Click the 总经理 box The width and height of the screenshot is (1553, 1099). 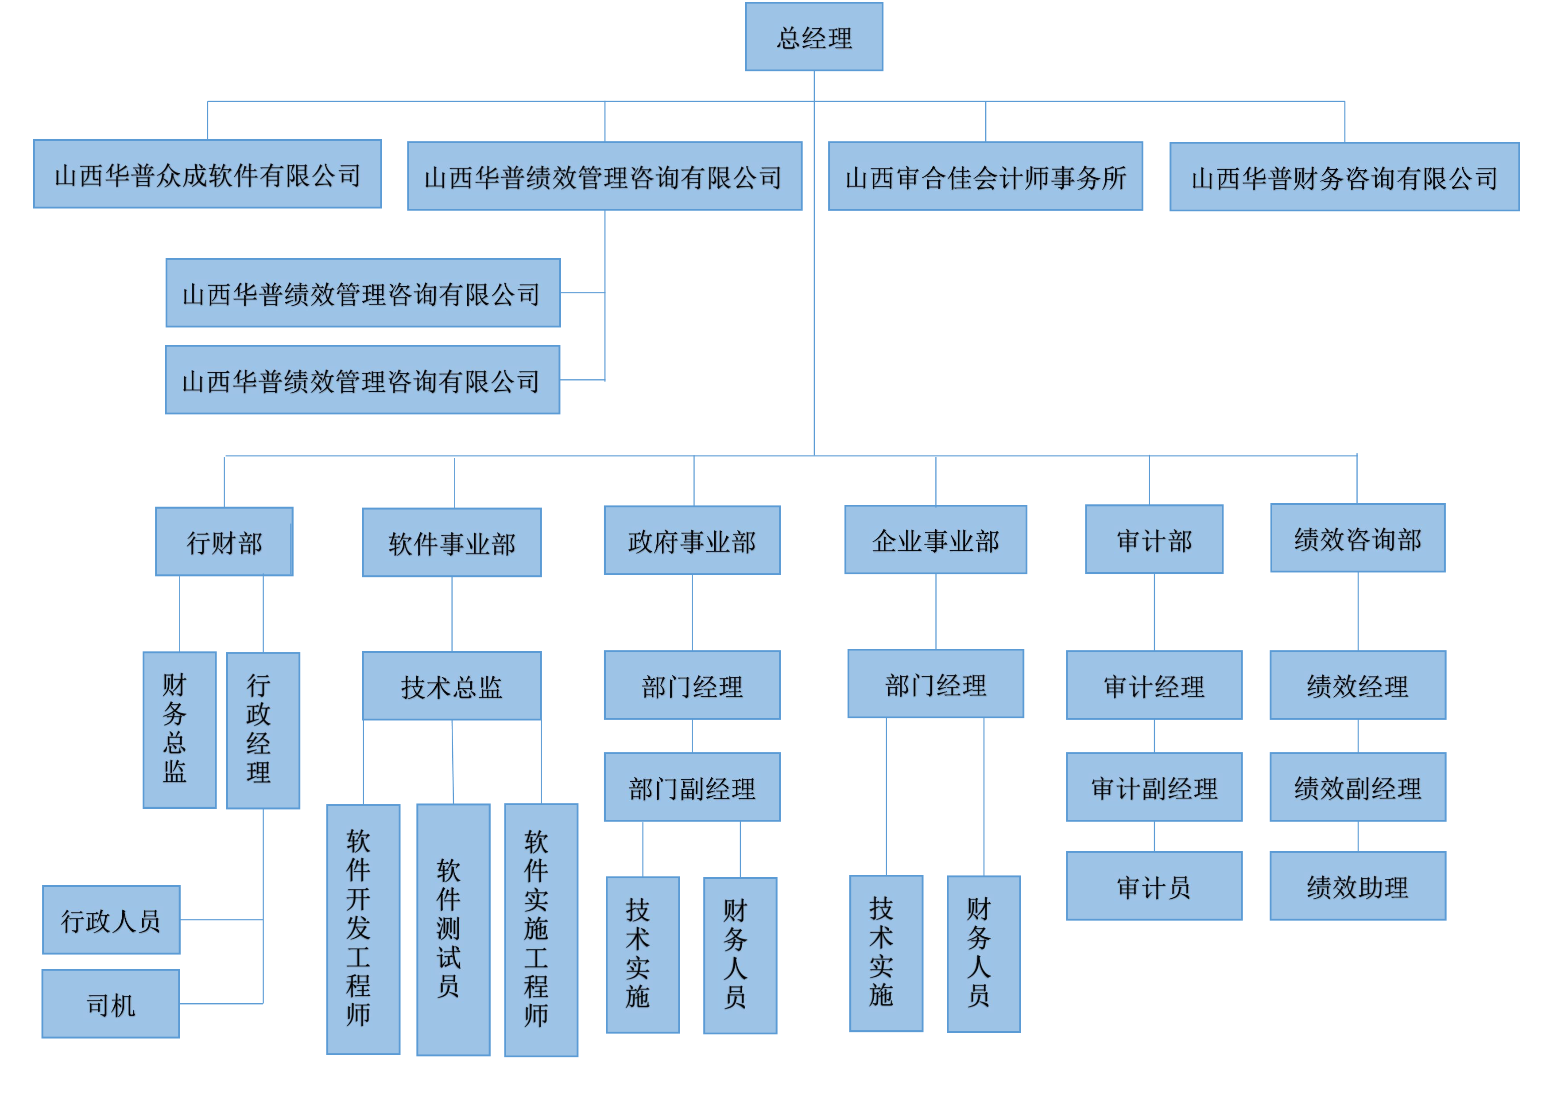[814, 36]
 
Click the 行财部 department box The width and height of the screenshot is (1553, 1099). [224, 542]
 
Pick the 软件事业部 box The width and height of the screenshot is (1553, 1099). [451, 542]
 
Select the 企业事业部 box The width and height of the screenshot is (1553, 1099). [935, 539]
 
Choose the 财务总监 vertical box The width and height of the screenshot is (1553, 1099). [179, 729]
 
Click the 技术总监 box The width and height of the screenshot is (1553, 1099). [451, 686]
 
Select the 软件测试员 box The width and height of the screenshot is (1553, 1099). [453, 929]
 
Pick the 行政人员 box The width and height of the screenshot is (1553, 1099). [111, 920]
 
